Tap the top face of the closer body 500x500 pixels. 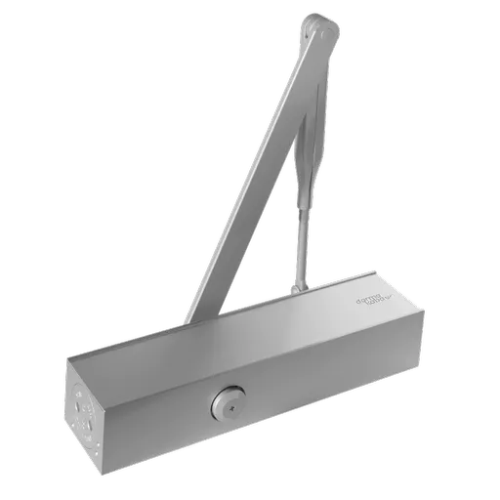point(244,327)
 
